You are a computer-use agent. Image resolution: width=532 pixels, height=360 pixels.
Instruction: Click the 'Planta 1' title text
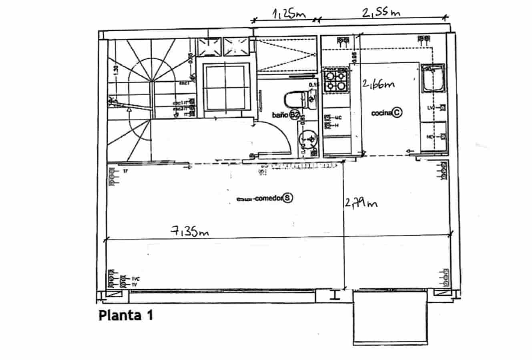coord(125,316)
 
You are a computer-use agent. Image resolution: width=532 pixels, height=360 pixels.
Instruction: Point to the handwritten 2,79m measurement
coord(361,203)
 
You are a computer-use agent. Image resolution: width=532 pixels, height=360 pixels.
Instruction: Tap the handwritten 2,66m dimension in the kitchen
coord(378,84)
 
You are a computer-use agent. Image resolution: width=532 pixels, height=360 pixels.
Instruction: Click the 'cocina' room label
coord(381,113)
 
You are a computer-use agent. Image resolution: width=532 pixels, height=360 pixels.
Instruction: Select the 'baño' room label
coord(280,115)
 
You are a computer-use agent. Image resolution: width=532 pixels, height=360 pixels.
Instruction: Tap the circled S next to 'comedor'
coord(288,198)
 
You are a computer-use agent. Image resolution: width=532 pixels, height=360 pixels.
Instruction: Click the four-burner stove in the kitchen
coord(335,79)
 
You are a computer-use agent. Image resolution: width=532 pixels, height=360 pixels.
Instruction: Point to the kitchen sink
coord(434,79)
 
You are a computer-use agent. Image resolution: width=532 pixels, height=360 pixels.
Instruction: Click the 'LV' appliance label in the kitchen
coord(431,108)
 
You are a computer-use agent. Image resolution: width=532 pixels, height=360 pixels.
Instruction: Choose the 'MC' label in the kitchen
coord(337,118)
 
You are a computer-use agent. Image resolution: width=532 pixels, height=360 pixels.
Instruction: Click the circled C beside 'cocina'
coord(396,113)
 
